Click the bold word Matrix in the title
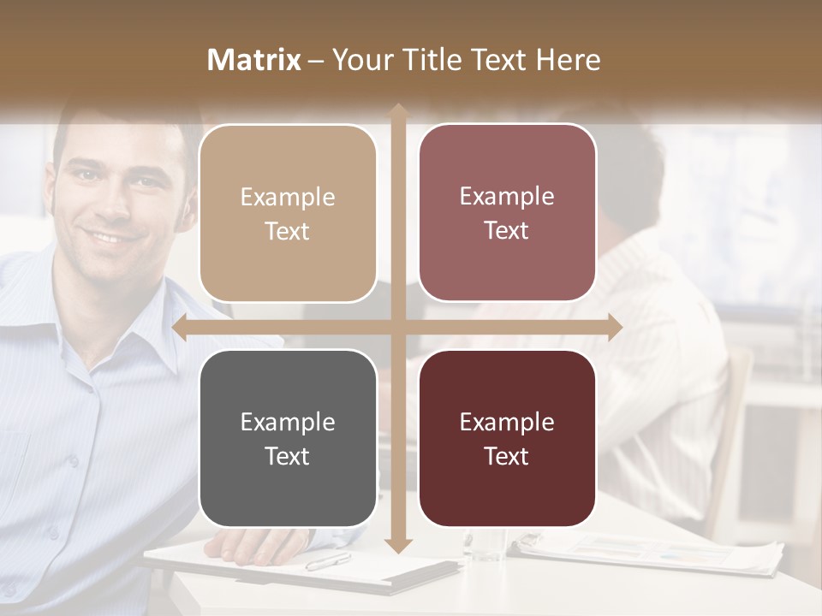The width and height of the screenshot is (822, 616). coord(254,60)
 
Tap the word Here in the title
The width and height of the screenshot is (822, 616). coord(568,60)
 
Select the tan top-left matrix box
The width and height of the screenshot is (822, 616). coord(288,213)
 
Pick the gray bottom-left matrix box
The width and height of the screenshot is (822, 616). coord(288,438)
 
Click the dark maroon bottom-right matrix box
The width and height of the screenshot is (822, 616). coord(507,438)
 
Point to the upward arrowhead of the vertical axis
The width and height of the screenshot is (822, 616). coord(397,110)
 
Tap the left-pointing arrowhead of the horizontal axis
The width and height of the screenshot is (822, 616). coord(179,327)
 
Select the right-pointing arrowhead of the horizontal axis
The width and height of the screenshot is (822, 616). coord(615,327)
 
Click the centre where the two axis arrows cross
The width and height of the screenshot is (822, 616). coord(397,327)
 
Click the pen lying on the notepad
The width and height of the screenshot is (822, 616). coord(328,561)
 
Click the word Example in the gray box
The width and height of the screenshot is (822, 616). coord(288,422)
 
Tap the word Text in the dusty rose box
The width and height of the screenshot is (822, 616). coord(507,230)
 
